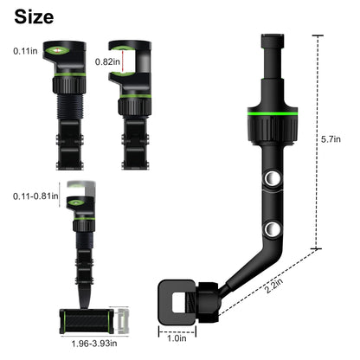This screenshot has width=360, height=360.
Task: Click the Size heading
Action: [x=34, y=16]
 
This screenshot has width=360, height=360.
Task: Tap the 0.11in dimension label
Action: [x=26, y=51]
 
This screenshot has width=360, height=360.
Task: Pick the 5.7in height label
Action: [x=330, y=138]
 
